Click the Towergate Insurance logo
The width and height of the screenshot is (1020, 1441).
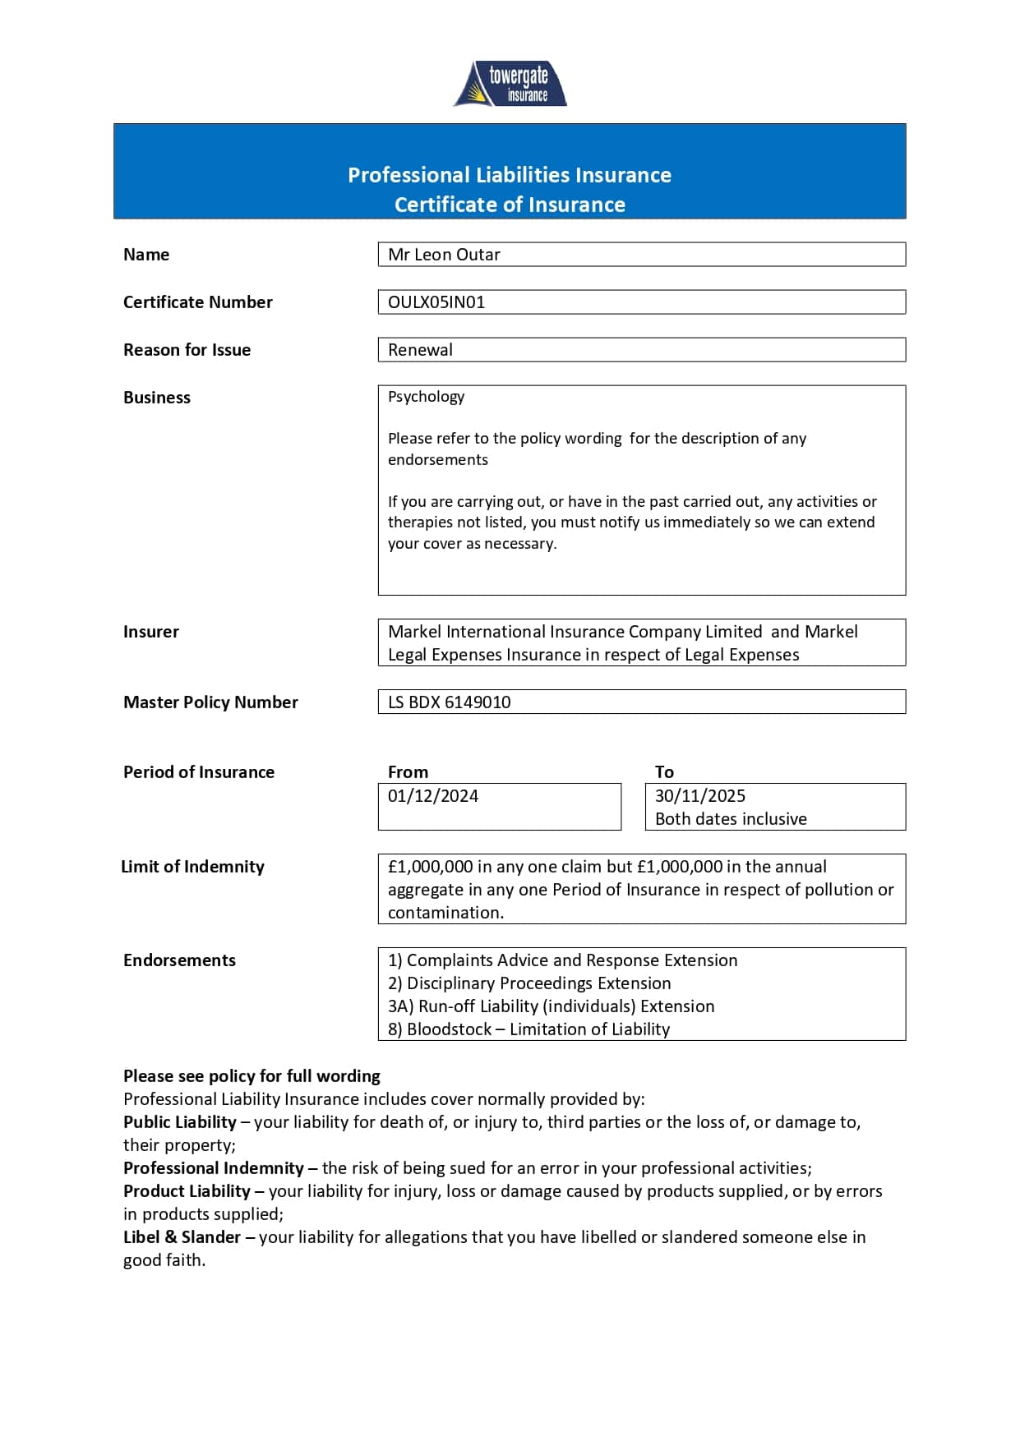(510, 84)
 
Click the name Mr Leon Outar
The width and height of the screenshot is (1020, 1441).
(444, 255)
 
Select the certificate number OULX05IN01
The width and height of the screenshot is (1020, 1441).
(436, 302)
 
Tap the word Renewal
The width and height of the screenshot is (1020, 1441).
(420, 350)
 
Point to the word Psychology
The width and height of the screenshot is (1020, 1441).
(426, 397)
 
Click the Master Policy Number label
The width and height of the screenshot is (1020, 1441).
(210, 702)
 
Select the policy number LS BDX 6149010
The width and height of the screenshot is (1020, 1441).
(449, 702)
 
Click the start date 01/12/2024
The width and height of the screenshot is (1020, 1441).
(432, 796)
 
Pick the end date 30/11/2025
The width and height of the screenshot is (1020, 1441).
(699, 796)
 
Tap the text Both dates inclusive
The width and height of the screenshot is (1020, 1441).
(731, 819)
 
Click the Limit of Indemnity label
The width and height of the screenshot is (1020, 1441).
(192, 867)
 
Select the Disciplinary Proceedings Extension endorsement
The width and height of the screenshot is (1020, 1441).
(529, 983)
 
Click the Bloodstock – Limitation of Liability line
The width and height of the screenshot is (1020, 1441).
(528, 1029)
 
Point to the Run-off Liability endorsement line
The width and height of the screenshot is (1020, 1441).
(551, 1006)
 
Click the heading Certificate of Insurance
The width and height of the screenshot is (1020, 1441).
(510, 205)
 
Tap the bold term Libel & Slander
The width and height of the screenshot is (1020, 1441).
(182, 1237)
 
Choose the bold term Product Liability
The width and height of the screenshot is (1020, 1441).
(187, 1191)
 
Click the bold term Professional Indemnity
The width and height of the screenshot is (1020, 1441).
(214, 1168)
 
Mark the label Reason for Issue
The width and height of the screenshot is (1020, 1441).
(187, 350)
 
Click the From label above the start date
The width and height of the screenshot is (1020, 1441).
(408, 772)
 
